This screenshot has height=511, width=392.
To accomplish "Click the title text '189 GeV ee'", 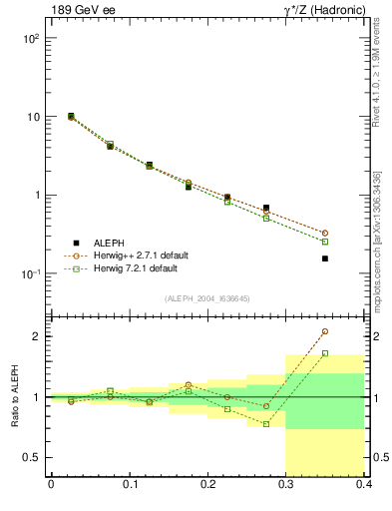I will (81, 11).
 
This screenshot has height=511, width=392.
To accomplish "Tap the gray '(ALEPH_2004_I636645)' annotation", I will (207, 298).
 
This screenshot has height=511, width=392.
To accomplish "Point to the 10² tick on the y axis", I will (29, 38).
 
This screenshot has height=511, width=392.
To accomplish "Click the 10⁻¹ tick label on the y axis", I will (29, 273).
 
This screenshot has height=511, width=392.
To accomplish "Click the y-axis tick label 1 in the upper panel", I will (35, 196).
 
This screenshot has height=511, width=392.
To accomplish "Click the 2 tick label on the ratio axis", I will (37, 336).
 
